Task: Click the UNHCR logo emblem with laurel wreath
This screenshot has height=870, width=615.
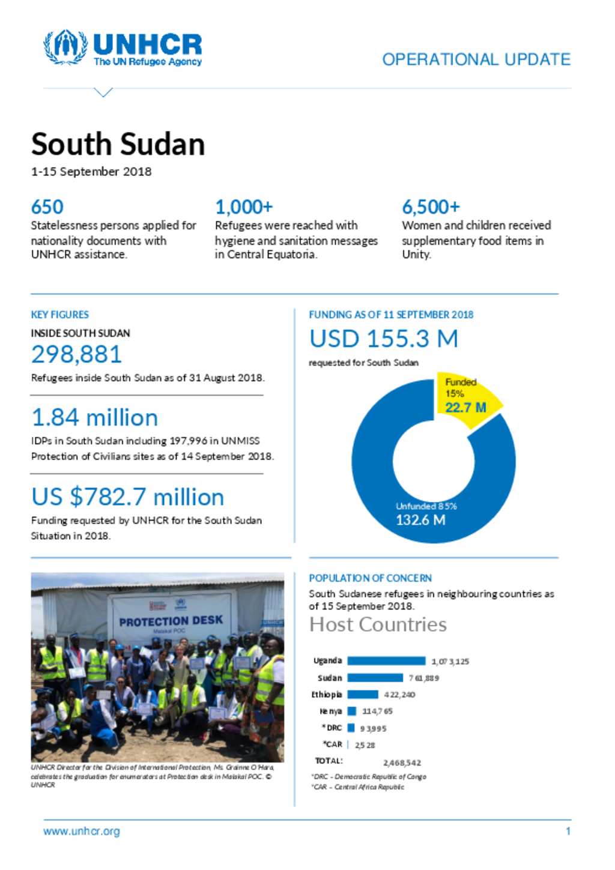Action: click(65, 47)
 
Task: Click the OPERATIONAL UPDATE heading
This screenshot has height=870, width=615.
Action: click(476, 59)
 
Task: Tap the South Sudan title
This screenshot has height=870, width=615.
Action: click(118, 145)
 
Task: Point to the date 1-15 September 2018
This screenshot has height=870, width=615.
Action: click(91, 172)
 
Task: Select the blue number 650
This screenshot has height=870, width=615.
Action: click(47, 207)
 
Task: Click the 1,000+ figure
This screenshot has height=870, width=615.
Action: click(244, 207)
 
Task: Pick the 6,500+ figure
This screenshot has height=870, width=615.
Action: click(431, 207)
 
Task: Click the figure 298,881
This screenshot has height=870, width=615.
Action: click(76, 354)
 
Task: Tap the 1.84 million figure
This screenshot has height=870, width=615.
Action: click(94, 418)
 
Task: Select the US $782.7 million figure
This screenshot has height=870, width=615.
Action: click(127, 497)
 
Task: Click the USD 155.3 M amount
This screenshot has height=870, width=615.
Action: click(384, 339)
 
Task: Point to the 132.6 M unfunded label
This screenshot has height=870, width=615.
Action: click(420, 520)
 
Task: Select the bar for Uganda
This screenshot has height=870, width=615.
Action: click(386, 661)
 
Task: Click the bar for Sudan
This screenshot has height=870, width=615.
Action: click(375, 678)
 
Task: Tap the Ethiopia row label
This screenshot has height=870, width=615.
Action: click(327, 695)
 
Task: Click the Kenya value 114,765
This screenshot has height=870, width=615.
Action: click(377, 711)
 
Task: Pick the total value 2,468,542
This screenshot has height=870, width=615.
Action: click(402, 763)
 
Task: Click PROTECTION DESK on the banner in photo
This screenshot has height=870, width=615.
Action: click(171, 621)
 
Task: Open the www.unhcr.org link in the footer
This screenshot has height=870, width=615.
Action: click(82, 832)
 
